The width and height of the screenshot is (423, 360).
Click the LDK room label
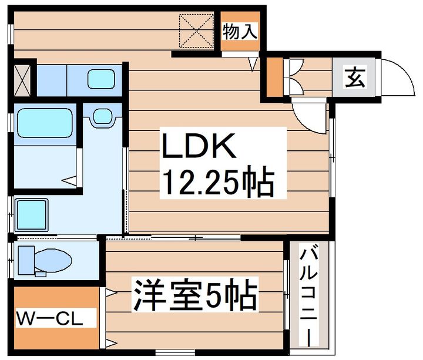(199, 146)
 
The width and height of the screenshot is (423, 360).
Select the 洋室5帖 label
(195, 295)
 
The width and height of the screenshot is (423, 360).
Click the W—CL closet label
(49, 318)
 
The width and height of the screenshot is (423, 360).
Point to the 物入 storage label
(240, 31)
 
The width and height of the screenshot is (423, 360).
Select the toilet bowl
(53, 261)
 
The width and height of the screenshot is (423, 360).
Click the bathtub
(45, 123)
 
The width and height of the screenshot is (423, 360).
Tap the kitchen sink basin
(101, 79)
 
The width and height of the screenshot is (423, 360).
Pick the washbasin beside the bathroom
(102, 116)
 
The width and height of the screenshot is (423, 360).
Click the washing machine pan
(32, 215)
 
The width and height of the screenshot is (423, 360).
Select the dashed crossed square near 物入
(196, 31)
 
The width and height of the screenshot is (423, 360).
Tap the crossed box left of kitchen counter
(22, 80)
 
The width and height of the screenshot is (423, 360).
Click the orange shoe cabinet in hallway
(274, 77)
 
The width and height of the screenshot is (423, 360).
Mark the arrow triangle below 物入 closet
(253, 64)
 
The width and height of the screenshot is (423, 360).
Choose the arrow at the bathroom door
(69, 180)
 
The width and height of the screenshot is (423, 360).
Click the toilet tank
(26, 260)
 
